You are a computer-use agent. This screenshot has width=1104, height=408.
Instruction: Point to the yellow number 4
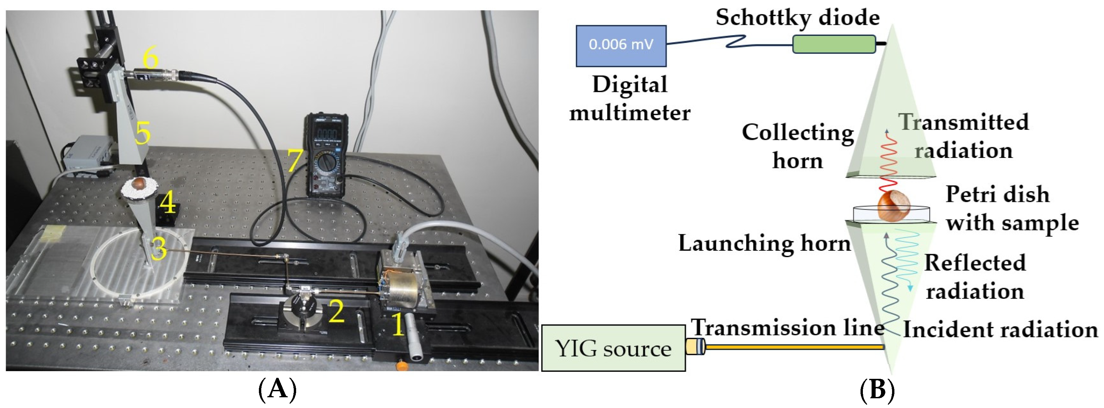tap(168, 203)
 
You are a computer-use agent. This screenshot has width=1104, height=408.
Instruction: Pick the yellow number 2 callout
tap(336, 311)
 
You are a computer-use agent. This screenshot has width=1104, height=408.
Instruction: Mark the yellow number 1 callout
tap(398, 325)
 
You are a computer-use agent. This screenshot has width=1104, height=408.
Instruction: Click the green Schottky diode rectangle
tap(834, 44)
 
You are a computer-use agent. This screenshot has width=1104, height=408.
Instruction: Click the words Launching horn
tap(764, 243)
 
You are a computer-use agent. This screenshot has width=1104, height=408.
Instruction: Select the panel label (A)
tap(277, 390)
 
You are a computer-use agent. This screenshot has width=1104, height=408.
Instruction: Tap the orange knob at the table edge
tap(401, 365)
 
